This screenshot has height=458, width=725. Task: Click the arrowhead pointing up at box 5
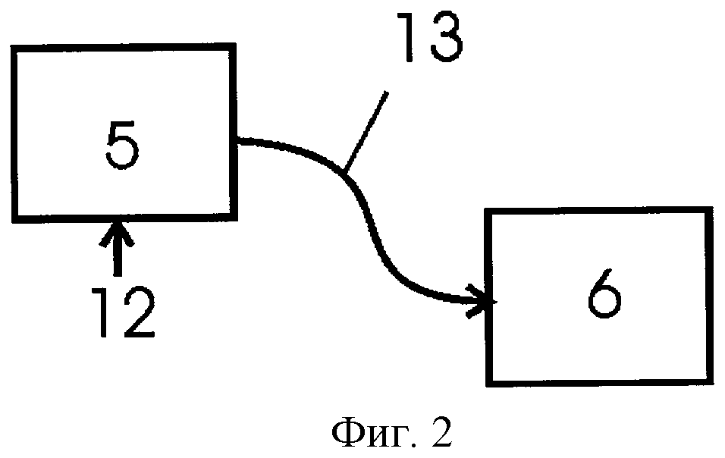click(x=117, y=231)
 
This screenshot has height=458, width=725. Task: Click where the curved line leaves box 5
click(x=237, y=141)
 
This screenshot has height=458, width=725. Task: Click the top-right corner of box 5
click(x=234, y=49)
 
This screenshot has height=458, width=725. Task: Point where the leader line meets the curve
click(x=344, y=170)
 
